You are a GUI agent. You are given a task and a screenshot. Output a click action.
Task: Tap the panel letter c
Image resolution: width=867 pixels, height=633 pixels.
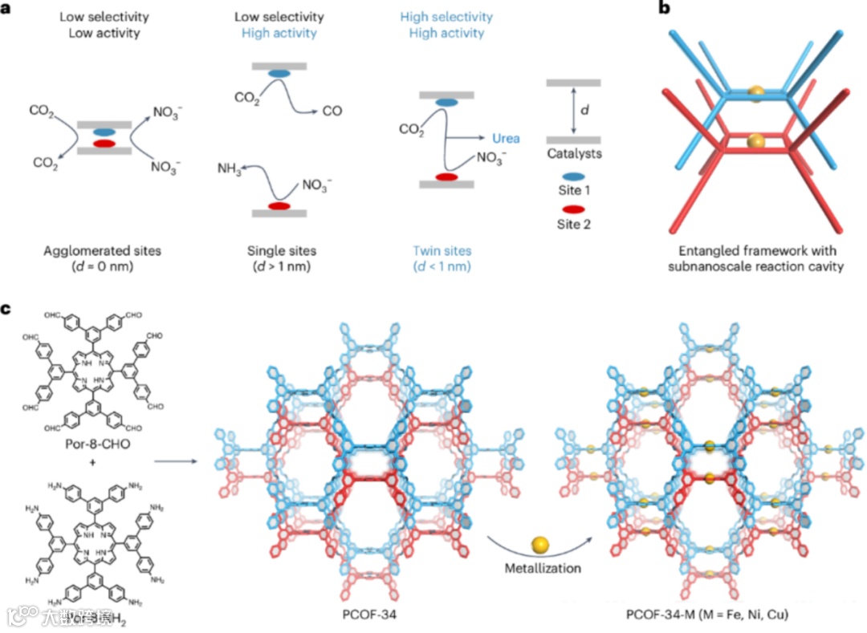[x=8, y=308]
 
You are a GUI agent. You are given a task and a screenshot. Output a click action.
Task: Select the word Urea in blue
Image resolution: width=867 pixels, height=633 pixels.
[x=506, y=138]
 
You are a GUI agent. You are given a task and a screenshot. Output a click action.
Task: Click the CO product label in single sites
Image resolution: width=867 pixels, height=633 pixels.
[x=332, y=112]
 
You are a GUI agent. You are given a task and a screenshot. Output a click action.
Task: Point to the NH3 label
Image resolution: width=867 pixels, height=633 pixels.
[x=231, y=169]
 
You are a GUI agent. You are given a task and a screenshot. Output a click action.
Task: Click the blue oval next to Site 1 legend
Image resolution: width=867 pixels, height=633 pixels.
[x=572, y=172]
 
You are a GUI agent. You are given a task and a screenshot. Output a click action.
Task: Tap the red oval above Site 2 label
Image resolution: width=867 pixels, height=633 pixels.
[x=572, y=207]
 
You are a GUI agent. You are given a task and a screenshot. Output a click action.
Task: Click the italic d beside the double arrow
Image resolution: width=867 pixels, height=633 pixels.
[x=584, y=109]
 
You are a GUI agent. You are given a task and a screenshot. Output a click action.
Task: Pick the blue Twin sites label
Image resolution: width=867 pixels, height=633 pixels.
[x=446, y=251]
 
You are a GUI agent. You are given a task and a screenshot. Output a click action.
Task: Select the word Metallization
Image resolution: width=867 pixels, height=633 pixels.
[x=540, y=568]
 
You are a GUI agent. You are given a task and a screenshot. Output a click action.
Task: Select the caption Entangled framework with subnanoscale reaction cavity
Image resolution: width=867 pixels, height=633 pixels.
[x=755, y=258]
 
